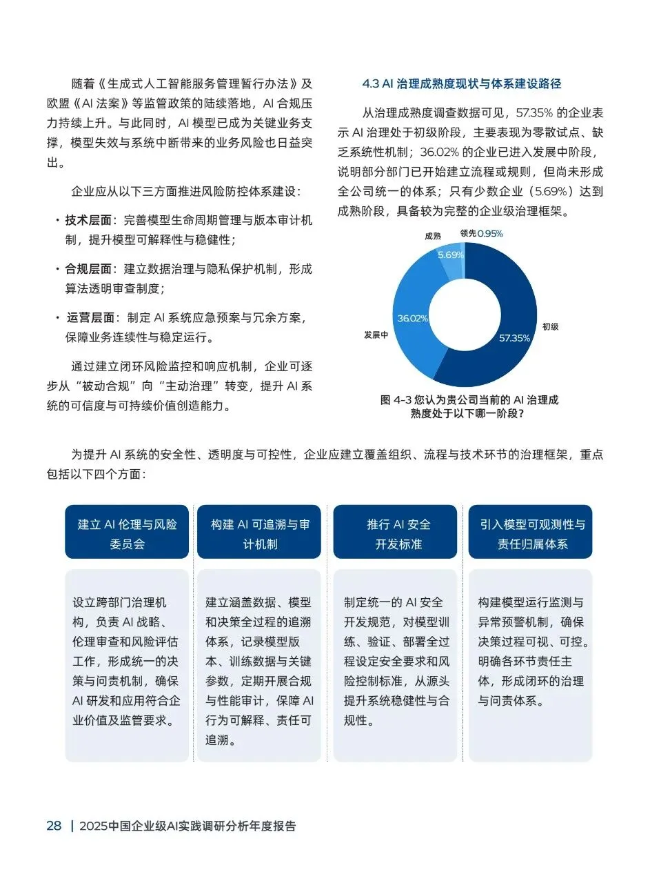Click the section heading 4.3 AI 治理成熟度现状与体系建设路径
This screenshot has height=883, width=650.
pyautogui.click(x=461, y=84)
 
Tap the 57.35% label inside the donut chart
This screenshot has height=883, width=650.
pyautogui.click(x=515, y=338)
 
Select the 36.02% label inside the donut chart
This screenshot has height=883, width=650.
pyautogui.click(x=413, y=318)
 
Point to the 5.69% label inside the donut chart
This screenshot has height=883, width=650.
pyautogui.click(x=451, y=255)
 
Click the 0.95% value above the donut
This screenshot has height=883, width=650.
pyautogui.click(x=490, y=234)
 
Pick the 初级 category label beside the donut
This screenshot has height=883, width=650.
pyautogui.click(x=550, y=326)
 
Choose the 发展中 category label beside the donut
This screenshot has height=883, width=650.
pyautogui.click(x=376, y=335)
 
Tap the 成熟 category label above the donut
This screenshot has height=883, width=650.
pyautogui.click(x=433, y=235)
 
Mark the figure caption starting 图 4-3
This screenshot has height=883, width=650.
pyautogui.click(x=469, y=406)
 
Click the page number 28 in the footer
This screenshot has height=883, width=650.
pyautogui.click(x=54, y=826)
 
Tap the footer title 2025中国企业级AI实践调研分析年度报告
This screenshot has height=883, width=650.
pyautogui.click(x=187, y=826)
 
